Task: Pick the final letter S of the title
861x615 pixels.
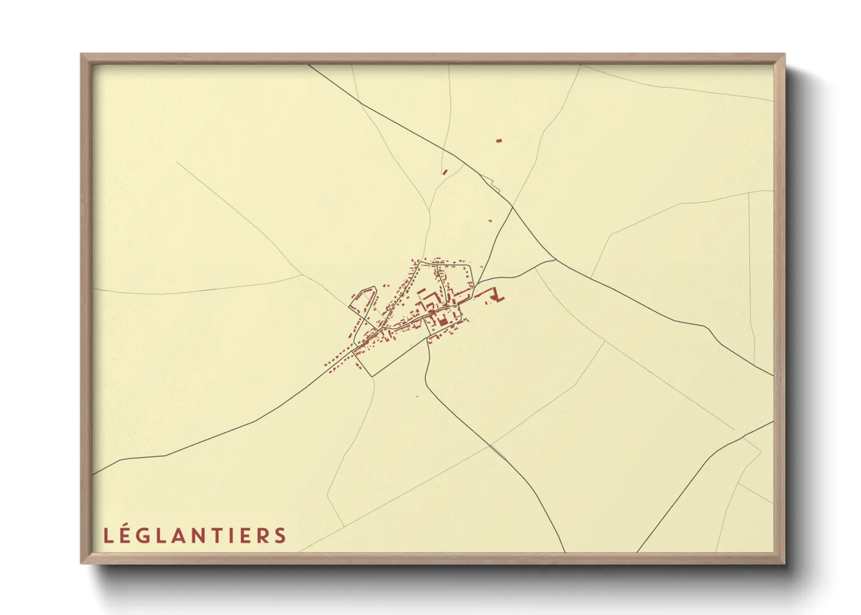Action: [281, 535]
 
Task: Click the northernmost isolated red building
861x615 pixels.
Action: [499, 140]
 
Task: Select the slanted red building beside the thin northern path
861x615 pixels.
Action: [445, 171]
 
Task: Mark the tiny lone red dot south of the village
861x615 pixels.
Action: [417, 396]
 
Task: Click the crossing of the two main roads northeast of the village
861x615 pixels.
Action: [513, 206]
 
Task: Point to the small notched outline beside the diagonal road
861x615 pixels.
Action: [496, 186]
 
